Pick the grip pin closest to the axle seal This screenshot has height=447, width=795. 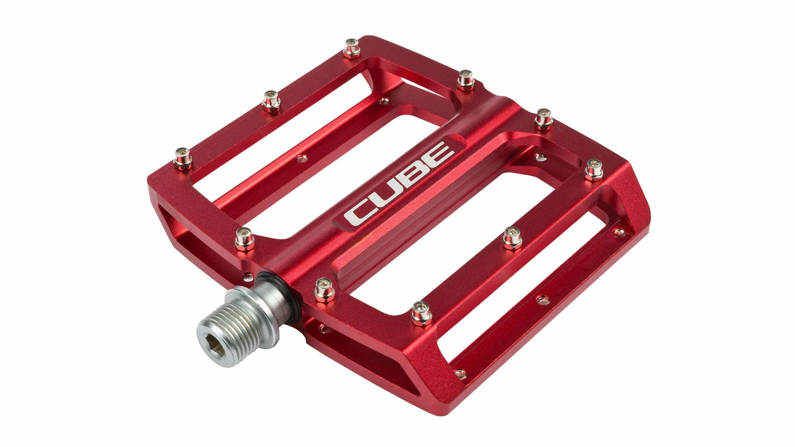[324, 289]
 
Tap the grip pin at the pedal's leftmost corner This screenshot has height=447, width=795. [183, 158]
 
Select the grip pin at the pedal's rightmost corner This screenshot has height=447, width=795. [594, 169]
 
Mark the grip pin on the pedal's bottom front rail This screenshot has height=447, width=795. [421, 313]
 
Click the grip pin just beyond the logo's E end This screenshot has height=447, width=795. [543, 118]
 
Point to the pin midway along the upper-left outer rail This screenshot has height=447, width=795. [271, 101]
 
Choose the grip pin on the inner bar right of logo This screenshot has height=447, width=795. [512, 237]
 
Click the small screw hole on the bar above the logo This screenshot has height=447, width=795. [301, 158]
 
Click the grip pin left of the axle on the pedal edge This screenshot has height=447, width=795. [245, 239]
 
